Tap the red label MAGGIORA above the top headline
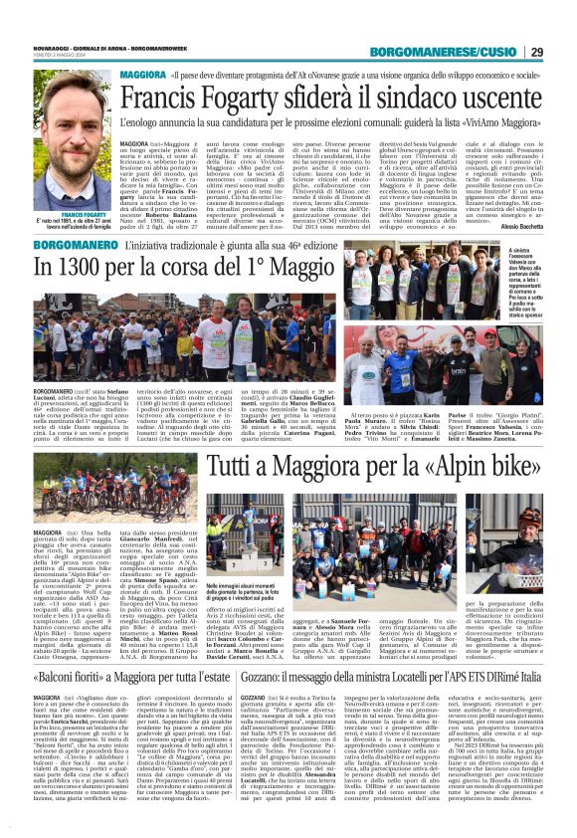144,75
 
